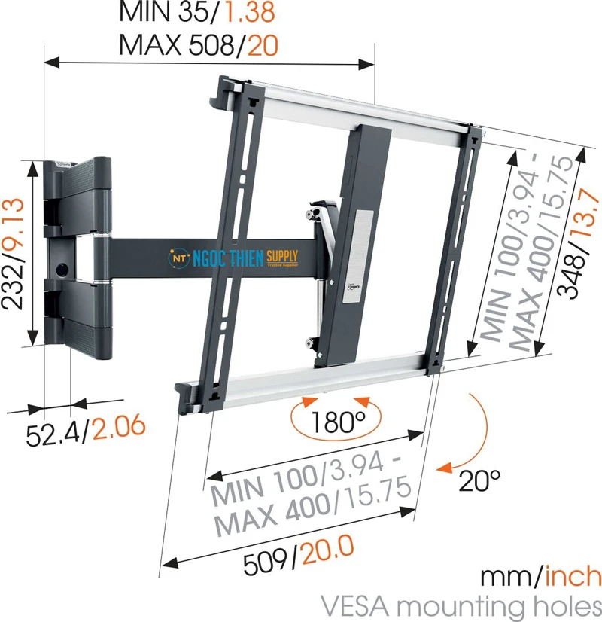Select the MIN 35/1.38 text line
click(x=198, y=13)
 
